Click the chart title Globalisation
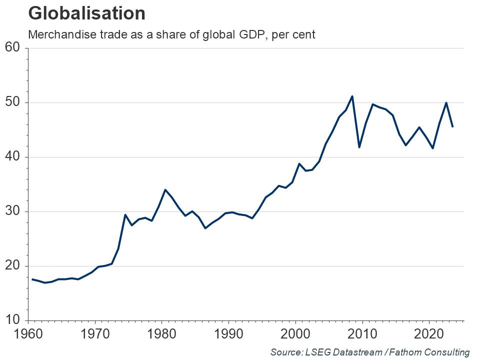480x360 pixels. (x=87, y=13)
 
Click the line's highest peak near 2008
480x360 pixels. (x=352, y=96)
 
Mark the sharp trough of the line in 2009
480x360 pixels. (x=359, y=147)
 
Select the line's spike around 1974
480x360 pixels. (x=125, y=215)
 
